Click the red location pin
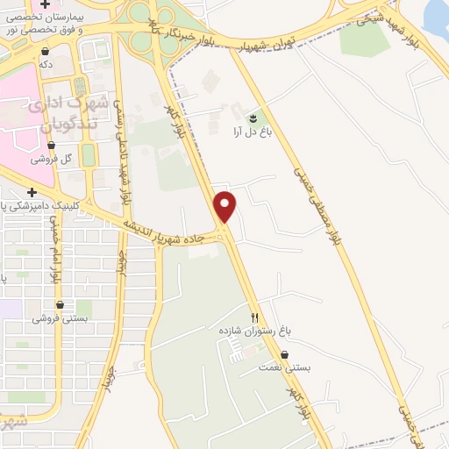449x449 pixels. pyautogui.click(x=226, y=205)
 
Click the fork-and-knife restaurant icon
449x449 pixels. pyautogui.click(x=254, y=317)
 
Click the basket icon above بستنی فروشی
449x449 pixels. pyautogui.click(x=59, y=304)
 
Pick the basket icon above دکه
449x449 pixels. pyautogui.click(x=44, y=51)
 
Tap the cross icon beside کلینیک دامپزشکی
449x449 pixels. pyautogui.click(x=32, y=192)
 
